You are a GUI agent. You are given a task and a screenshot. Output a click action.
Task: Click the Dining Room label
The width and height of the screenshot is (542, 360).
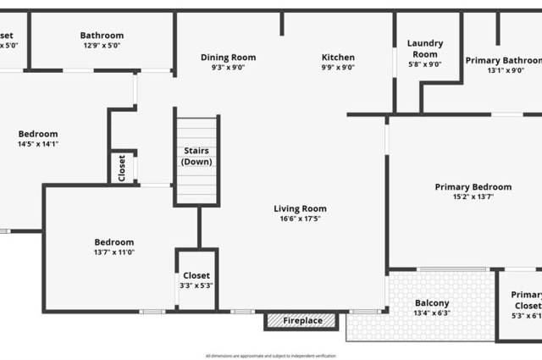click(228, 58)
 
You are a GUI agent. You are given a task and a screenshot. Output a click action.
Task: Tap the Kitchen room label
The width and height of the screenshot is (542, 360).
click(338, 58)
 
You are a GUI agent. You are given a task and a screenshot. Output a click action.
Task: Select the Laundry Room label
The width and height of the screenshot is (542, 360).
click(425, 48)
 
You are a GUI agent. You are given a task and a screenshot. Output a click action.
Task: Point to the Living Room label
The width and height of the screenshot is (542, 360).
click(300, 208)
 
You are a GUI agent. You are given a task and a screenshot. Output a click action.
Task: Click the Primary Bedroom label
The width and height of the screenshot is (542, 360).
click(473, 186)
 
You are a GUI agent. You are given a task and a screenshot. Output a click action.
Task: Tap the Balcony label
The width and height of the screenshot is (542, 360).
click(432, 303)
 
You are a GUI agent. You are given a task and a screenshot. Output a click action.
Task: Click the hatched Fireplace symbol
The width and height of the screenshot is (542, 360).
click(301, 321)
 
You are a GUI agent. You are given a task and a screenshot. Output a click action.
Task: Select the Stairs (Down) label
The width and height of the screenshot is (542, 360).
click(197, 156)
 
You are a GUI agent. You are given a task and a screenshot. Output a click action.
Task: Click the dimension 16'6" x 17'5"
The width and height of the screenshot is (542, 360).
click(300, 219)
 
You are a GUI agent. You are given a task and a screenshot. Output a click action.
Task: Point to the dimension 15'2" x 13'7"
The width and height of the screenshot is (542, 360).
click(473, 197)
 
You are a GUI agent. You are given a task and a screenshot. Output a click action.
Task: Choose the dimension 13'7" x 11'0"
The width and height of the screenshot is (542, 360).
click(114, 252)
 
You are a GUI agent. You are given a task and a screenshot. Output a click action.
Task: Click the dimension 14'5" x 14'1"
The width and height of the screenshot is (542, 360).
click(38, 144)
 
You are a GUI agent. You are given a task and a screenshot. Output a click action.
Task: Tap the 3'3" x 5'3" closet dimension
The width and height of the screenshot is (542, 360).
click(196, 285)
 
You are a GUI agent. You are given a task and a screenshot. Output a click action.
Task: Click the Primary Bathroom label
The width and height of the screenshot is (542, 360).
click(503, 60)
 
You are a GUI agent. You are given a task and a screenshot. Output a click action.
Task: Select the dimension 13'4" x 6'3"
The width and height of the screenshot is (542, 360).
click(432, 313)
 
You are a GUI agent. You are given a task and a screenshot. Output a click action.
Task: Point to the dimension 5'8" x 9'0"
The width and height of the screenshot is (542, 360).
click(425, 64)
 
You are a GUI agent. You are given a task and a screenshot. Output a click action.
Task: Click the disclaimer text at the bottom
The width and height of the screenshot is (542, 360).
click(270, 356)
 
